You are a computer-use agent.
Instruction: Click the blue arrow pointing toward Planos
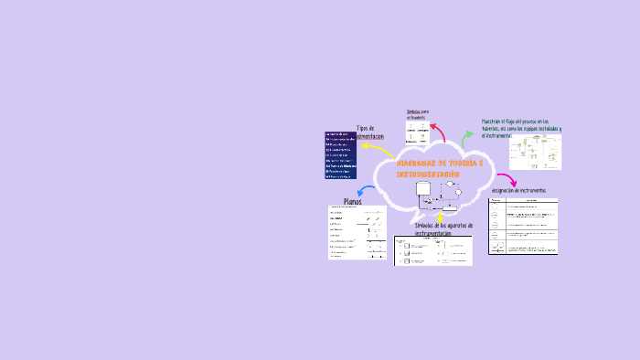[364, 191]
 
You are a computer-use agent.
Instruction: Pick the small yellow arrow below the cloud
[440, 218]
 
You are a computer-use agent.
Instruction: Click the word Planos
[352, 202]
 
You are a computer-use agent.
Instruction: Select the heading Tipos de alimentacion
[370, 132]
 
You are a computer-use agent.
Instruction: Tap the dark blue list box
[351, 156]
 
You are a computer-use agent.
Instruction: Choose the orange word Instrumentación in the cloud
[427, 174]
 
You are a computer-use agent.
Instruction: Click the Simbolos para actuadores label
[417, 114]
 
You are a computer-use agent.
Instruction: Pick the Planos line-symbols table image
[357, 234]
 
